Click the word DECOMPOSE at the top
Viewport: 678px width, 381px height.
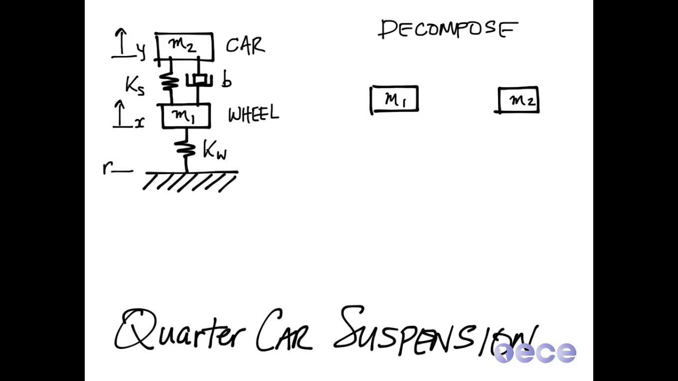click(x=448, y=30)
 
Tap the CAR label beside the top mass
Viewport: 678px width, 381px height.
click(x=245, y=46)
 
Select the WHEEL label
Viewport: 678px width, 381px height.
click(x=253, y=114)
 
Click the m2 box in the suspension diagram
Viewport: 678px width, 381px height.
click(x=184, y=47)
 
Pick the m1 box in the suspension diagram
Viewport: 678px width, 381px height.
click(x=185, y=116)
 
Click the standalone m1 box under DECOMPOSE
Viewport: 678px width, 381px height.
click(x=395, y=99)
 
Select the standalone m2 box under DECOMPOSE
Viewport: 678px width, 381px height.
click(x=519, y=100)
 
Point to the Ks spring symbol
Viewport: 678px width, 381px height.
click(x=170, y=81)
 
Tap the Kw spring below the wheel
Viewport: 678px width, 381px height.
click(x=185, y=149)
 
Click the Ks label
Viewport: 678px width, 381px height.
click(x=135, y=85)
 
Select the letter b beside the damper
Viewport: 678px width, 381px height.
click(x=227, y=80)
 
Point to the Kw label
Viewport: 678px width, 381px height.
click(x=215, y=151)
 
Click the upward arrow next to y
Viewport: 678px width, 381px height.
click(x=122, y=43)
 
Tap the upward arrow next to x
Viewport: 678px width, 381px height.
click(x=121, y=113)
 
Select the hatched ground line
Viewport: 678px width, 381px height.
click(x=190, y=180)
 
